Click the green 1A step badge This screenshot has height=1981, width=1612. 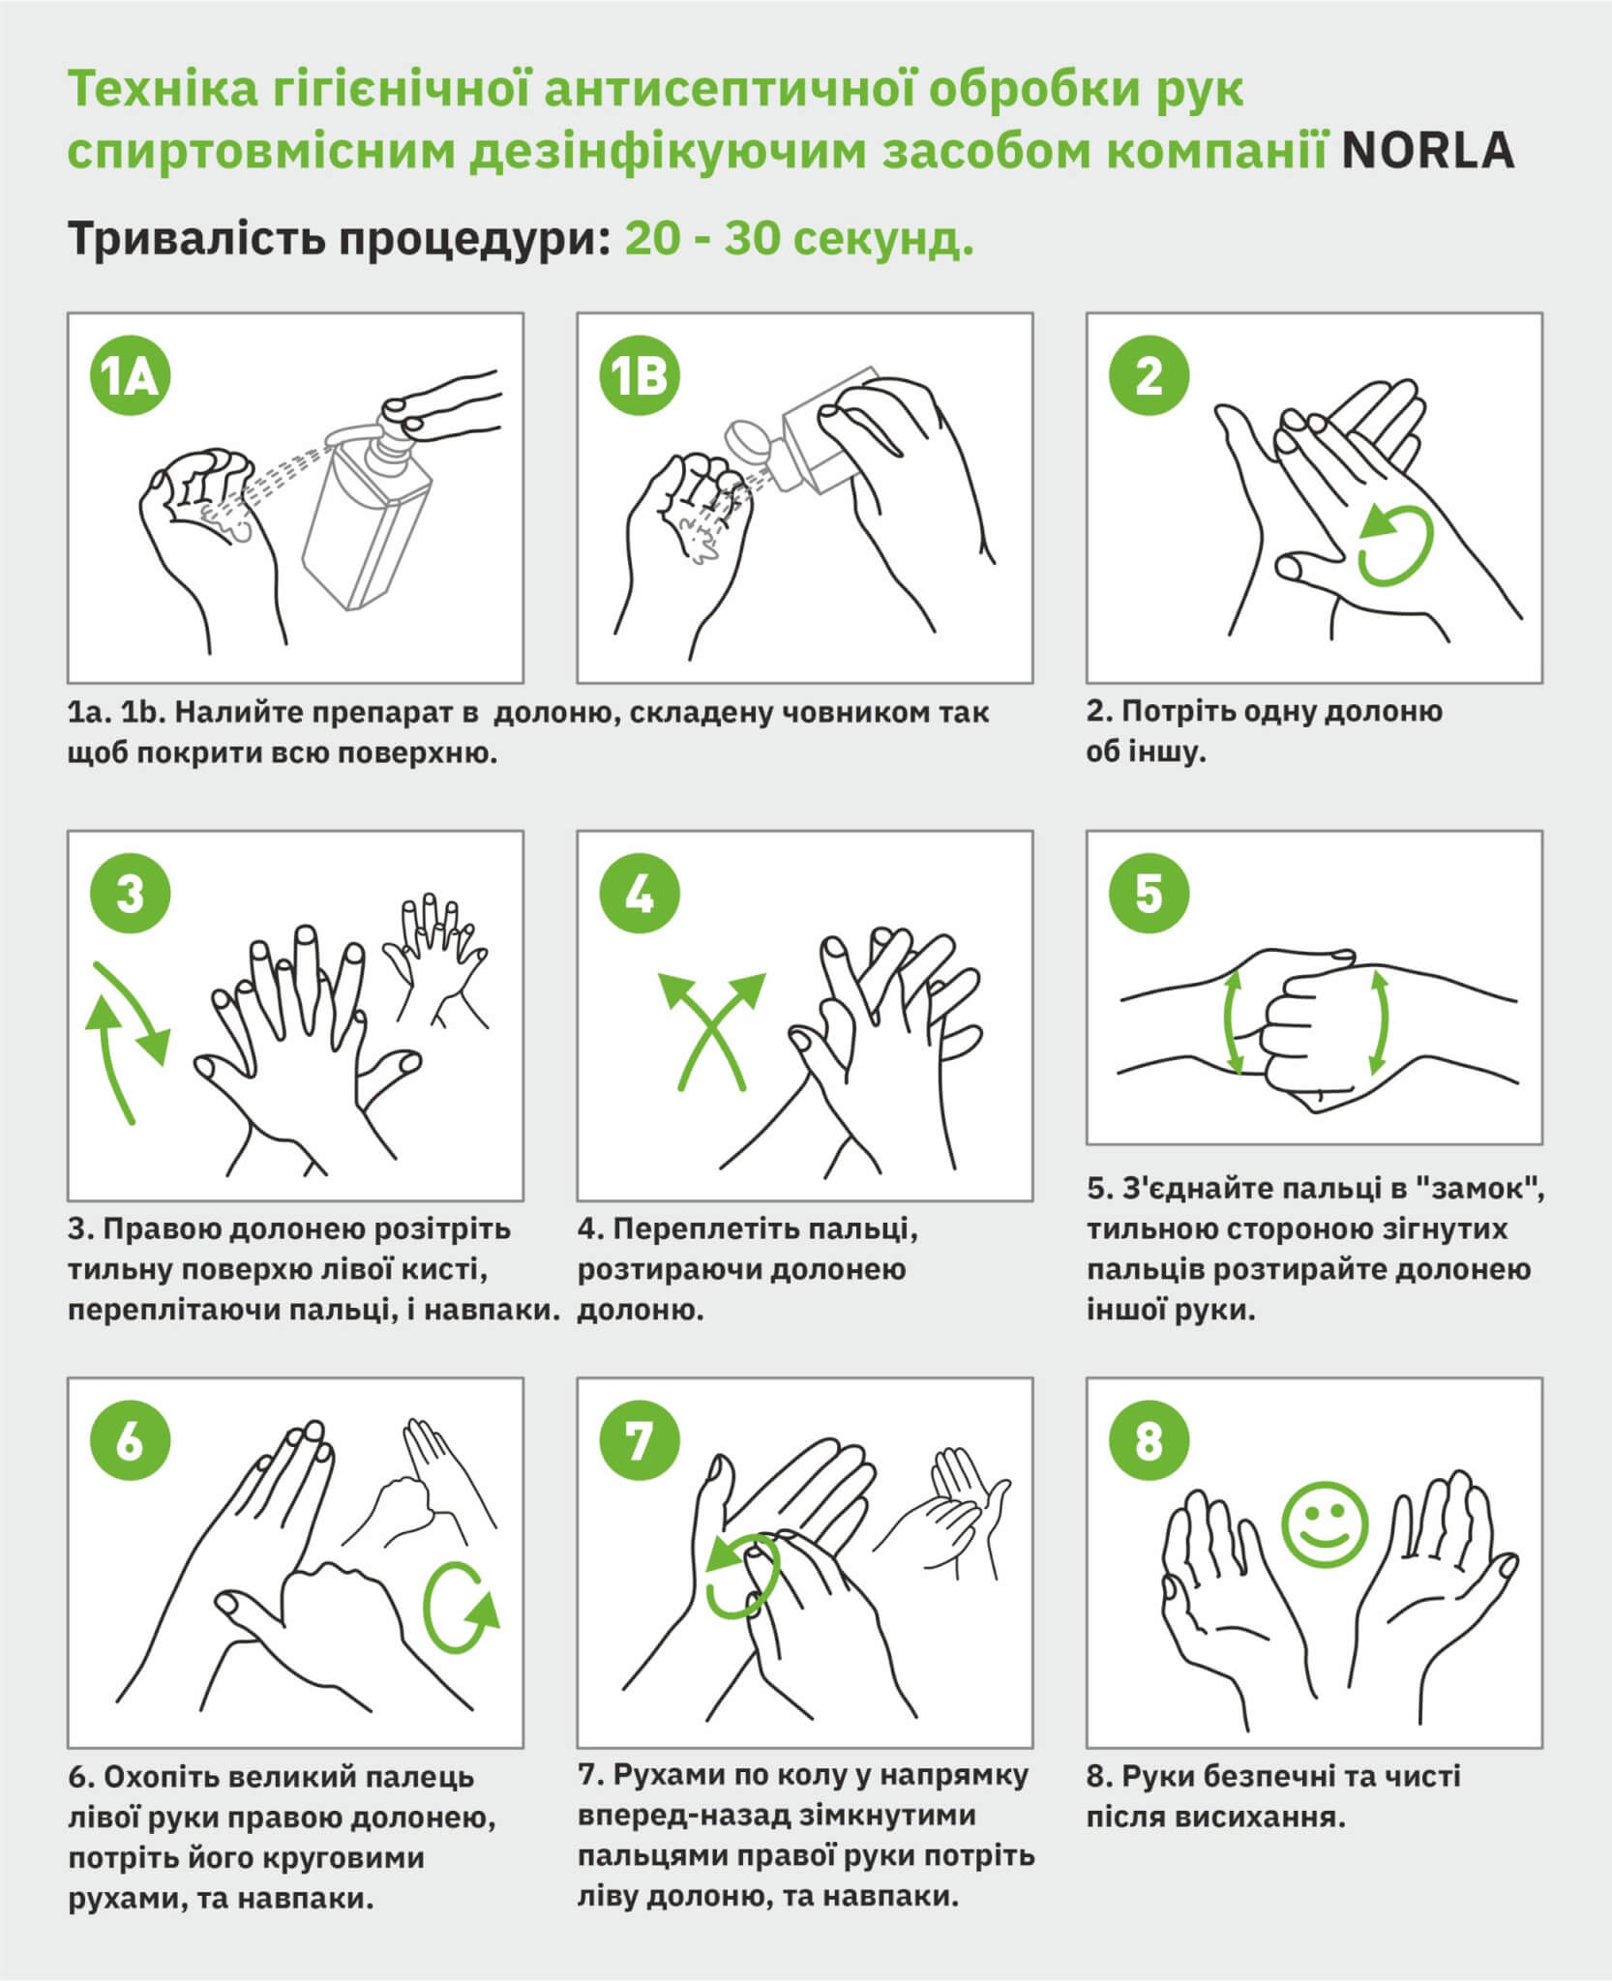(x=130, y=377)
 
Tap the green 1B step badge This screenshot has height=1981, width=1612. (x=640, y=377)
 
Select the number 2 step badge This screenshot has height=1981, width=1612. (x=1149, y=377)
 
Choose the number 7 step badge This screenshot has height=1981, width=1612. (x=640, y=1441)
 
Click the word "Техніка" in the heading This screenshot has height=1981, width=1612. (x=153, y=90)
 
